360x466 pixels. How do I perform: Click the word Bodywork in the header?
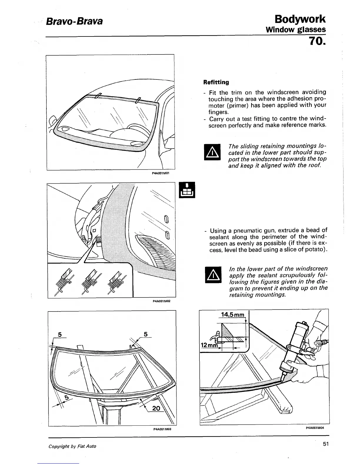click(300, 19)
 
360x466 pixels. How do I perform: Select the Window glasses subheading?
click(296, 29)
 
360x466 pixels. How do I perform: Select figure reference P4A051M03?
click(162, 429)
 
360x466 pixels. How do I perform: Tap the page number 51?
click(325, 444)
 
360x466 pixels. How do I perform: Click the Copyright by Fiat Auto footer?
click(72, 446)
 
